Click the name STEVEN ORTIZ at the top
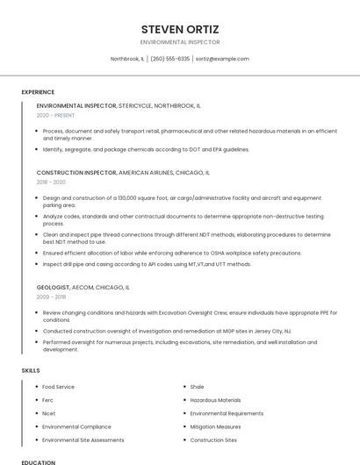[179, 29]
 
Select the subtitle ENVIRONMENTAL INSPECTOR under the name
[179, 42]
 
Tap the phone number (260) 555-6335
[170, 59]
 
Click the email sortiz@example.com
[222, 59]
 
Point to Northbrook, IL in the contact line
[127, 59]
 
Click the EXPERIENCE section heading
[38, 92]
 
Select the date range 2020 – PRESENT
[55, 115]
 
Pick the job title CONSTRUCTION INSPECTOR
[76, 173]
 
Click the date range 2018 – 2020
[51, 182]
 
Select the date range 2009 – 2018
[51, 297]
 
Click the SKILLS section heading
[31, 370]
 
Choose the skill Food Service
[58, 387]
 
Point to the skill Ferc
[48, 400]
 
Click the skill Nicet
[48, 413]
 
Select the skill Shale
[197, 387]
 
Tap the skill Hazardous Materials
[215, 400]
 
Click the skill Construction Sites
[213, 440]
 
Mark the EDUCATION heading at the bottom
[39, 461]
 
